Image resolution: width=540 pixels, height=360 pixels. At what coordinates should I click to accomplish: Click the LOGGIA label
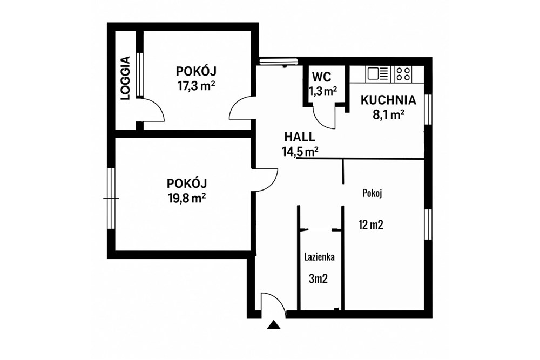coord(126,78)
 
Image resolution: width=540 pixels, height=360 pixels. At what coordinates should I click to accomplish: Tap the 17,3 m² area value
coord(196,85)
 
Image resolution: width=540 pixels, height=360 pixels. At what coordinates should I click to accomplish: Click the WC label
coord(322,77)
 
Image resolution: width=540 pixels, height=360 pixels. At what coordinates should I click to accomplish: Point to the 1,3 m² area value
coord(323,91)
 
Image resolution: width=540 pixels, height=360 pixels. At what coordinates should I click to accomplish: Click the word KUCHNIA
coord(388,100)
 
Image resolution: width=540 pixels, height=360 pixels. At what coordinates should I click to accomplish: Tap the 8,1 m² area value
coord(388,114)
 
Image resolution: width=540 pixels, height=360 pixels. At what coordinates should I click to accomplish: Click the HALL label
coord(300,137)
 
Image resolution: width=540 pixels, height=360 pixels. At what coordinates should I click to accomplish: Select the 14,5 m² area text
coord(300,152)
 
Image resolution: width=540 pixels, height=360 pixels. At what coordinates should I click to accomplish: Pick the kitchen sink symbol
coord(377,73)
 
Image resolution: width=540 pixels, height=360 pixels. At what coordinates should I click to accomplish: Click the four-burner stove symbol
coord(403,73)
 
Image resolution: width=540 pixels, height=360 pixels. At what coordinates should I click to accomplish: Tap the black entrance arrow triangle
coord(274,324)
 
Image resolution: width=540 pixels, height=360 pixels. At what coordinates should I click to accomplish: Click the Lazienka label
coord(319,257)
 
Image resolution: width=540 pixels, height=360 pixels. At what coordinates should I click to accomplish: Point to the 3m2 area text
coord(318,279)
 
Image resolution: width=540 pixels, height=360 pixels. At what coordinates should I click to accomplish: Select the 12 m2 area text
coord(371,225)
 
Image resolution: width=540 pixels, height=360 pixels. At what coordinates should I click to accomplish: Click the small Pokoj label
coord(372,193)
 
